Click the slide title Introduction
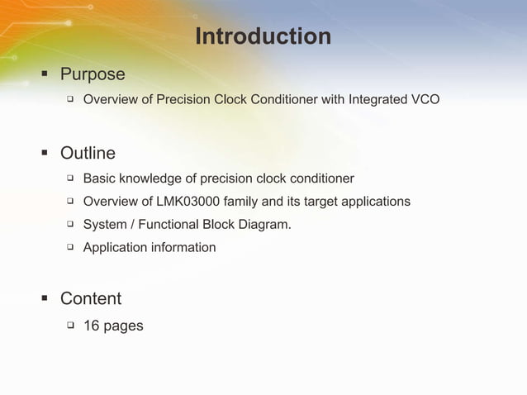[263, 37]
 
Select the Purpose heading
[93, 74]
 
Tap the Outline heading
[88, 154]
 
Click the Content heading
[91, 298]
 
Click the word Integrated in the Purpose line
[377, 101]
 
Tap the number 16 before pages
[92, 326]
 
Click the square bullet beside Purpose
[45, 75]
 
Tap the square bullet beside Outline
[45, 154]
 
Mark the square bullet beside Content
[45, 299]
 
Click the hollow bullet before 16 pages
[70, 326]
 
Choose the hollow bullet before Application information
[70, 247]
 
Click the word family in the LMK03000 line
[241, 202]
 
